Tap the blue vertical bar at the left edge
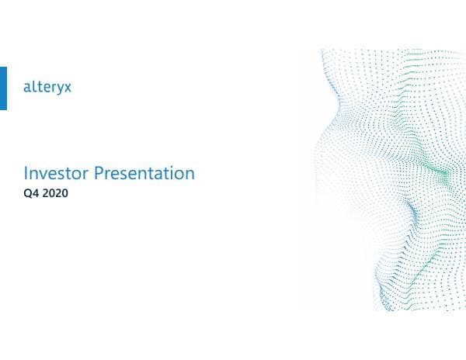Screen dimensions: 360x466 pos(3,88)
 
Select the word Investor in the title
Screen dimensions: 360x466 pos(56,173)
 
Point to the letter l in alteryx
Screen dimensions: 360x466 pos(33,88)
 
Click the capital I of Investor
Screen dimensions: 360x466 pos(27,173)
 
